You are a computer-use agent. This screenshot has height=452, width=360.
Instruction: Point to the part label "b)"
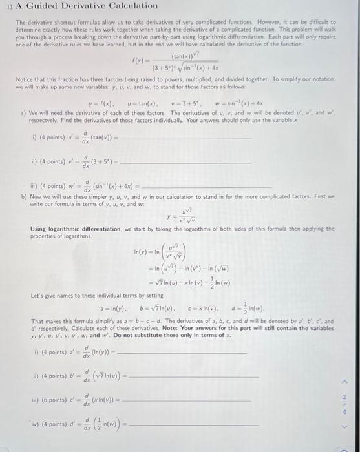tap(24, 196)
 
